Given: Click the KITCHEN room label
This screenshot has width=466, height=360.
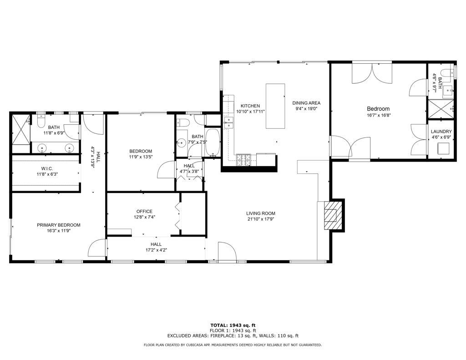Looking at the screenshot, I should (250, 106).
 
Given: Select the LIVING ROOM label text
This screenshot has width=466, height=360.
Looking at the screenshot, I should (261, 213).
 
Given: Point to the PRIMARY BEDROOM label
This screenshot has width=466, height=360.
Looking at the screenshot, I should (59, 225).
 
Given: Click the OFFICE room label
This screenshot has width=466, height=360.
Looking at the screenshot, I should (144, 211).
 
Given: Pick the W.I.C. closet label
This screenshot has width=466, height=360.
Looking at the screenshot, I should (47, 168).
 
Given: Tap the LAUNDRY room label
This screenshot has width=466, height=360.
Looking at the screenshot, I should (441, 132).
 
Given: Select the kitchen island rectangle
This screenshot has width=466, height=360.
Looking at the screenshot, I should (275, 106).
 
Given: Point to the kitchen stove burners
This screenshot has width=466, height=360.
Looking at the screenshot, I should (243, 159).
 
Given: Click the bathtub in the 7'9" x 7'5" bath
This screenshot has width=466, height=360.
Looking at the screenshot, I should (213, 143).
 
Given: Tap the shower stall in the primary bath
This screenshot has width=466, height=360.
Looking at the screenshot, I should (20, 129).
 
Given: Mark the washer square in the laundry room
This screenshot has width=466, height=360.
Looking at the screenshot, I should (443, 149).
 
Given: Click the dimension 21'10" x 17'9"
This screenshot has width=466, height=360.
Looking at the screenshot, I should (261, 219).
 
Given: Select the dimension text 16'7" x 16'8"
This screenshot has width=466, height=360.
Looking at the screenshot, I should (378, 115).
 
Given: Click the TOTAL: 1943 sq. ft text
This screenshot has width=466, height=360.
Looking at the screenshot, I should (233, 325).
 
